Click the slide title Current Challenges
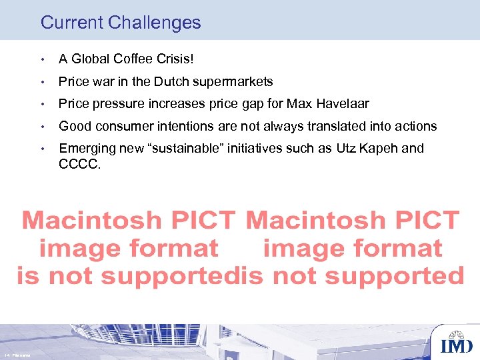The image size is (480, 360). pyautogui.click(x=121, y=23)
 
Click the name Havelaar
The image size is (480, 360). pyautogui.click(x=342, y=104)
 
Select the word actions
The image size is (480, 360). pyautogui.click(x=415, y=126)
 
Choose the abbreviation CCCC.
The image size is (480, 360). pyautogui.click(x=79, y=163)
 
